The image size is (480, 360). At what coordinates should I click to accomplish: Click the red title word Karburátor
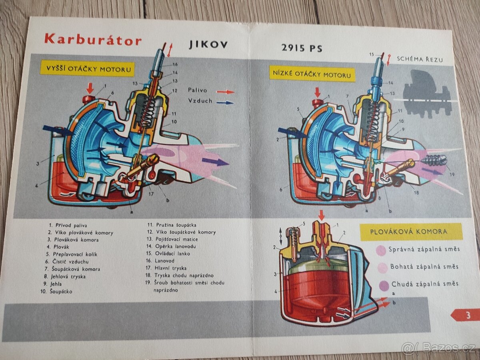point(93,39)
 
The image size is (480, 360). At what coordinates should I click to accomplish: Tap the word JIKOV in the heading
point(208,44)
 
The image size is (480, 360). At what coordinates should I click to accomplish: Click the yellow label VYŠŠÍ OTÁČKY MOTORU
point(87,69)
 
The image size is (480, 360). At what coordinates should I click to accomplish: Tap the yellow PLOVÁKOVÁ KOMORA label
point(411,232)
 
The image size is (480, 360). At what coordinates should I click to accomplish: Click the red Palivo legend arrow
point(225,92)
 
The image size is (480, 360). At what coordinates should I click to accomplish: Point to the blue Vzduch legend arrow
point(225,102)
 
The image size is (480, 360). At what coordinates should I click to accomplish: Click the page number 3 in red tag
point(467,315)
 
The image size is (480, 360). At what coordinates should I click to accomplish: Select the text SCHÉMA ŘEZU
point(420,59)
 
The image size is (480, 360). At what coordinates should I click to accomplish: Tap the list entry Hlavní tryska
point(170,268)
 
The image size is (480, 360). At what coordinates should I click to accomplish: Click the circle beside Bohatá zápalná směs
point(382,268)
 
